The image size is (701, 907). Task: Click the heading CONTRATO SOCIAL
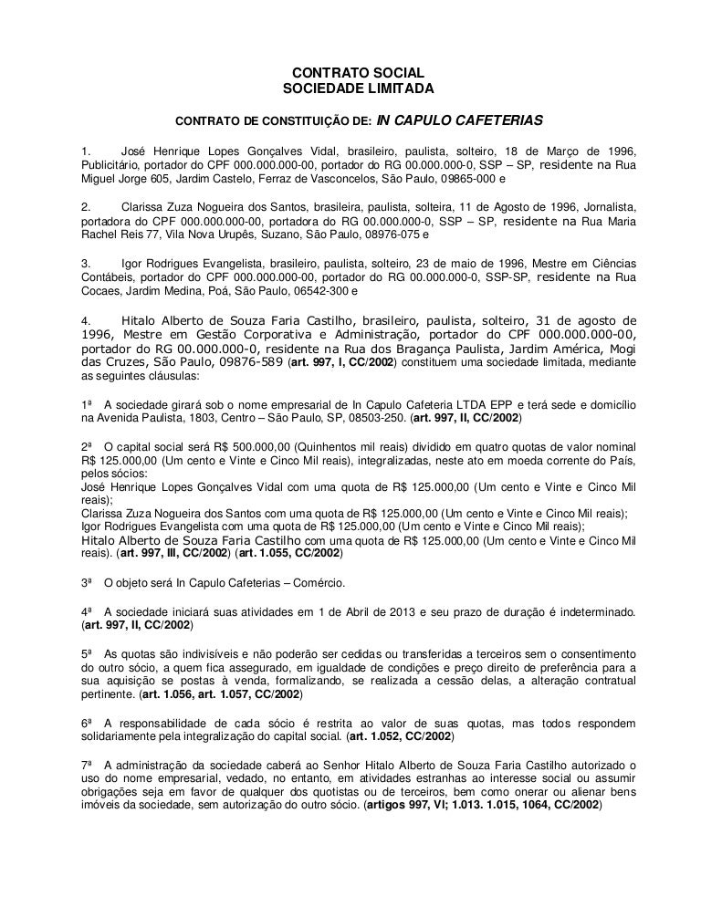(350, 72)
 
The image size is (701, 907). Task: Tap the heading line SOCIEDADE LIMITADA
(350, 89)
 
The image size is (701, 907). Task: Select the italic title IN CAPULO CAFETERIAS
(461, 120)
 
